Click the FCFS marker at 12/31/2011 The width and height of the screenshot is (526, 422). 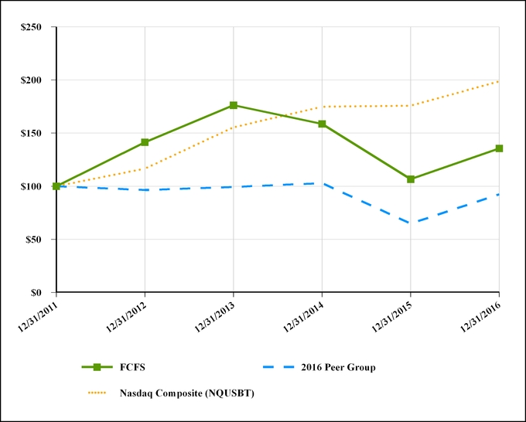click(x=56, y=186)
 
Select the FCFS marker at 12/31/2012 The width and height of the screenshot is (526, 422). click(x=145, y=142)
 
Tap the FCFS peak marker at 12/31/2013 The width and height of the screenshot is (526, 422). click(x=234, y=105)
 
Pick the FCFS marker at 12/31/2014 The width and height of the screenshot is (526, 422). click(x=322, y=124)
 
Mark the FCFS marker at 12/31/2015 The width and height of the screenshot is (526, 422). click(x=411, y=179)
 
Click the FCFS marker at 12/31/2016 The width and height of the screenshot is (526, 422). click(x=499, y=148)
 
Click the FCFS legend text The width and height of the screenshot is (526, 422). click(x=132, y=368)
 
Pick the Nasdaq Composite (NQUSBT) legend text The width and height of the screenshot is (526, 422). click(x=186, y=393)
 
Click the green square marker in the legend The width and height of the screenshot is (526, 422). click(x=97, y=368)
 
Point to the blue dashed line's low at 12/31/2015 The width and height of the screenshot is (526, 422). click(x=411, y=223)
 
